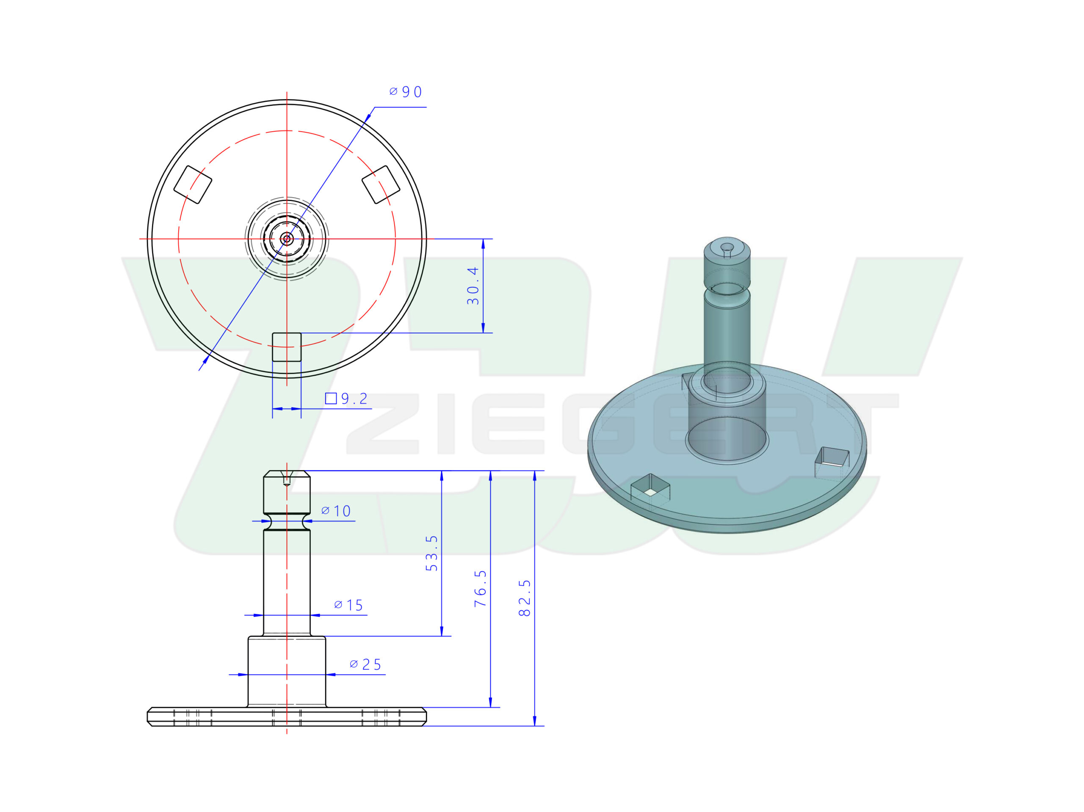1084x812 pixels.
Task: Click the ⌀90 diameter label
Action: pyautogui.click(x=405, y=91)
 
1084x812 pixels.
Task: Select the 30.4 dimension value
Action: pyautogui.click(x=473, y=286)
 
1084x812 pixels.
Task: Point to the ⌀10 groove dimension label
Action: pyautogui.click(x=336, y=511)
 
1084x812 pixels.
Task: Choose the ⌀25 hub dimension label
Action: pyautogui.click(x=365, y=665)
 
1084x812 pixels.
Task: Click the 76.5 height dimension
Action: pyautogui.click(x=481, y=589)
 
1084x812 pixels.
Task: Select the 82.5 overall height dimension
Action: pyautogui.click(x=525, y=598)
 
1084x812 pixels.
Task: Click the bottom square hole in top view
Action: pyautogui.click(x=287, y=347)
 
